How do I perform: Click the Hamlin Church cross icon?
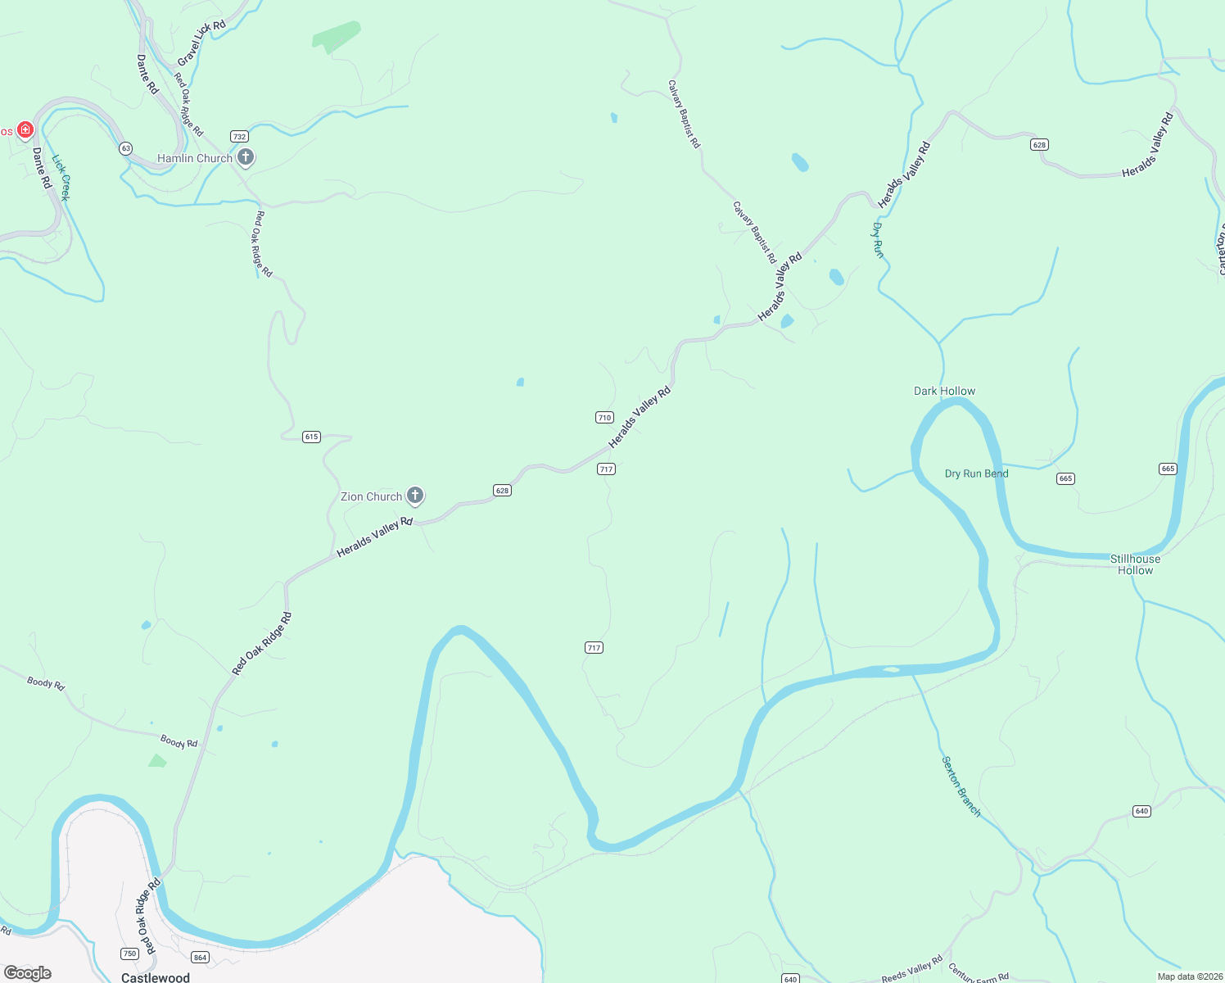pos(246,157)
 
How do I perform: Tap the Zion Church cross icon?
pos(415,495)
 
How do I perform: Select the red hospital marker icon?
pos(25,129)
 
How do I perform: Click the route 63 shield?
pos(125,148)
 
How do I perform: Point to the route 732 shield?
pos(239,136)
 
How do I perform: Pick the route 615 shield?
pos(311,437)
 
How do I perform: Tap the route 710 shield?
pos(604,417)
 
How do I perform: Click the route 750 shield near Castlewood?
pos(129,954)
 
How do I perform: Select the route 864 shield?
pos(200,957)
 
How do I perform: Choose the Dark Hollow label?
pos(944,391)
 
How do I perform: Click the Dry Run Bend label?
pos(976,473)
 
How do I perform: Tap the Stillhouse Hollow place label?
pos(1135,564)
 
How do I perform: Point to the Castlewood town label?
pos(156,977)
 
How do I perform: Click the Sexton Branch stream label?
pos(961,786)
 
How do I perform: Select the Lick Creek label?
pos(61,178)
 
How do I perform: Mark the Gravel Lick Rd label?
pos(201,43)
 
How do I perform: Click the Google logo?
pos(27,973)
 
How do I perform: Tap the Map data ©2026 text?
pos(1187,976)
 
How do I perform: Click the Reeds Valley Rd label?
pos(911,969)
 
